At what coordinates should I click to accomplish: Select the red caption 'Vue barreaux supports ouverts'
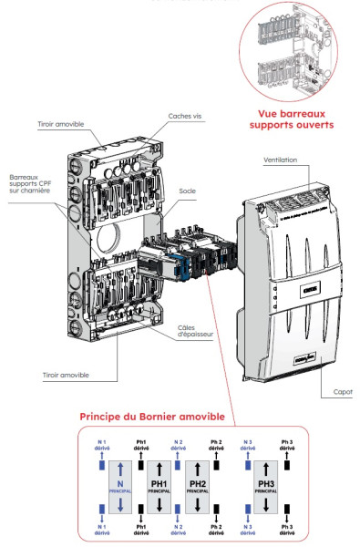[x=290, y=119]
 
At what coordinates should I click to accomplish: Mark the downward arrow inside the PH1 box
[x=159, y=504]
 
